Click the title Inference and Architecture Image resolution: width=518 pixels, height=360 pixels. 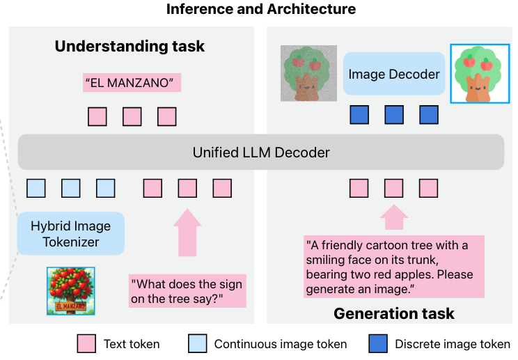260,9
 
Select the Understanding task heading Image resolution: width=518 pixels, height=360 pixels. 129,47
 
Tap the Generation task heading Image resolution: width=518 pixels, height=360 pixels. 394,313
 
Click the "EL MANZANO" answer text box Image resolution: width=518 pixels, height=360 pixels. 130,83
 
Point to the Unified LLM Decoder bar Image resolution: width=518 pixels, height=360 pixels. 260,152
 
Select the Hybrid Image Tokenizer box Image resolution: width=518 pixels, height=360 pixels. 70,233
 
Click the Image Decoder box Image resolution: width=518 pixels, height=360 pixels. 394,74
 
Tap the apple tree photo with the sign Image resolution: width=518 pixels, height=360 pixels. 71,291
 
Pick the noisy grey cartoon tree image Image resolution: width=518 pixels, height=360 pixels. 308,73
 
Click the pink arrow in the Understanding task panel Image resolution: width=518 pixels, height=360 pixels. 187,233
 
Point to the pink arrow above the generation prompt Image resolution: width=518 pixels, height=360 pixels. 394,217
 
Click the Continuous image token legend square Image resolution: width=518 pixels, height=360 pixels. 197,343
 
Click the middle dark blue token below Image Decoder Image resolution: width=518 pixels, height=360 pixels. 394,115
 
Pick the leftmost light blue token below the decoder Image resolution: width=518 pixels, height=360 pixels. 36,188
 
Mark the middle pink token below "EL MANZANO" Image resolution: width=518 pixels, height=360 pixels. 132,116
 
